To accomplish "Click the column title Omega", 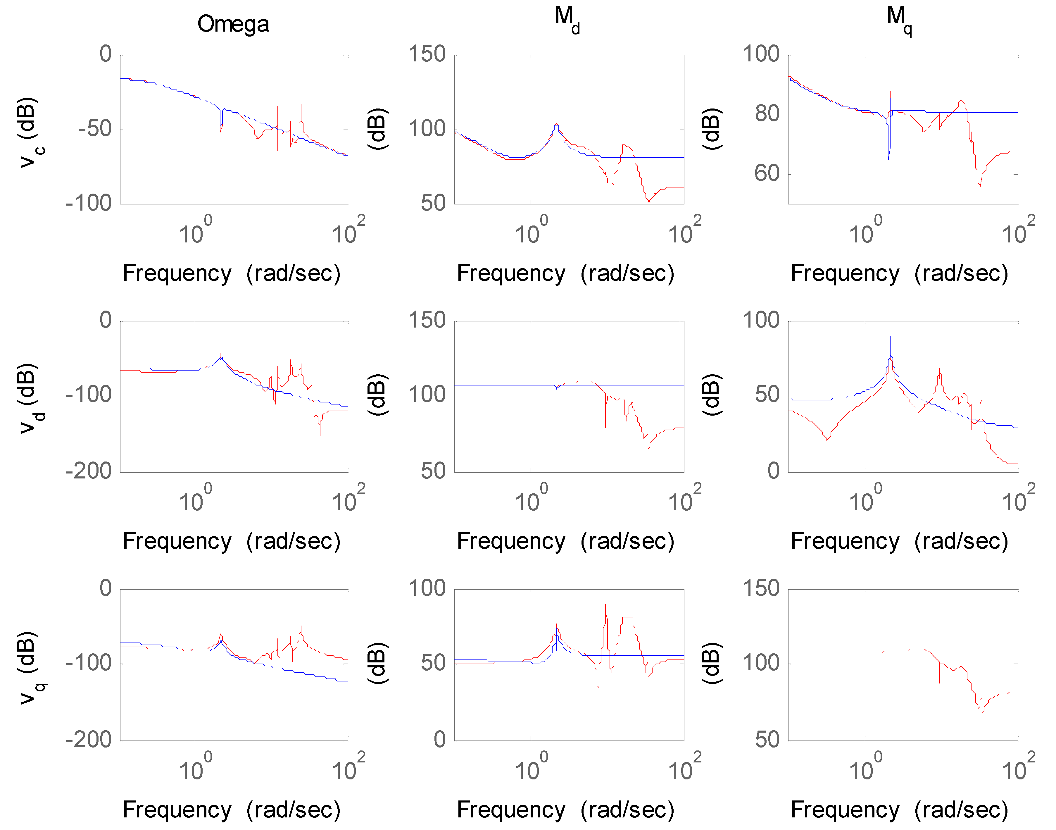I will pos(233,24).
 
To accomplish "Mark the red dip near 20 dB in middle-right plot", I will pos(827,439).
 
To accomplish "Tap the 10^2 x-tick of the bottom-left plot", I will pos(347,768).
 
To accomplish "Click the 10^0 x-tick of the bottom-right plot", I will pos(864,768).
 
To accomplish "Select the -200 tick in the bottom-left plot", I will pos(89,740).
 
